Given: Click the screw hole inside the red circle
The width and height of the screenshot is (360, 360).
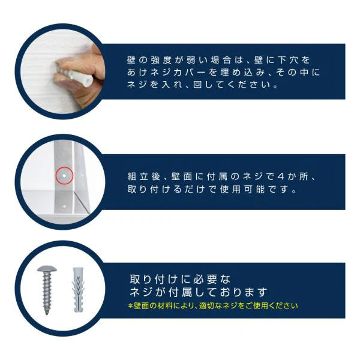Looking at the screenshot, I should tap(63, 176).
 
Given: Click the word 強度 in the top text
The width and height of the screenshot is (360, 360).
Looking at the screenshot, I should tap(158, 61).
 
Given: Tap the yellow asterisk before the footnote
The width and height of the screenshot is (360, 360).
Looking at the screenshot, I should tap(131, 306).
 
